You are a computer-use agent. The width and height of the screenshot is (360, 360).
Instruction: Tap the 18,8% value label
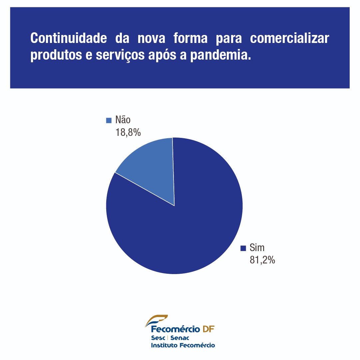pyautogui.click(x=128, y=132)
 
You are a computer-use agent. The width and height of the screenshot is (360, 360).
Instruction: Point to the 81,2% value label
pyautogui.click(x=262, y=260)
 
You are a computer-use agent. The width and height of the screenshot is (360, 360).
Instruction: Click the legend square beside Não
pyautogui.click(x=109, y=120)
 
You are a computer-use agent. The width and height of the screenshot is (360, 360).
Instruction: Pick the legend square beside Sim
pyautogui.click(x=243, y=248)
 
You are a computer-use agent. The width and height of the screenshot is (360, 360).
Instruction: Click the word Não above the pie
pyautogui.click(x=123, y=120)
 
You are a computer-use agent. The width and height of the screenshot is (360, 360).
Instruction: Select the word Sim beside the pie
pyautogui.click(x=257, y=248)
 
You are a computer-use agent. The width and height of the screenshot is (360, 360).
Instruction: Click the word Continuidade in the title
pyautogui.click(x=68, y=38)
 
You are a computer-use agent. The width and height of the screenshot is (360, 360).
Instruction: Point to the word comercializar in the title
pyautogui.click(x=289, y=38)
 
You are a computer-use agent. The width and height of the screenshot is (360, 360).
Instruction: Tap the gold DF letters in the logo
pyautogui.click(x=208, y=329)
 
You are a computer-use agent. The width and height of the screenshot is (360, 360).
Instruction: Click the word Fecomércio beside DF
pyautogui.click(x=175, y=329)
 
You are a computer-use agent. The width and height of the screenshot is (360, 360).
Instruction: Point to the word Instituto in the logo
pyautogui.click(x=164, y=345)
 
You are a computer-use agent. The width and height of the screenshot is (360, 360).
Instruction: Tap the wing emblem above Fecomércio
pyautogui.click(x=157, y=320)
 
